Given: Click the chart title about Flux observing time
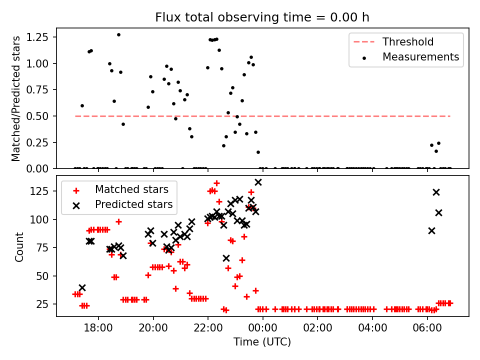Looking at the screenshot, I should tap(262, 17).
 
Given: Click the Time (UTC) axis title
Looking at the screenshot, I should tap(262, 342).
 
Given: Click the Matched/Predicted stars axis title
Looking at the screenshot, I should tap(16, 98).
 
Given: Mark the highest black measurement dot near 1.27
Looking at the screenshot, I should tap(118, 35).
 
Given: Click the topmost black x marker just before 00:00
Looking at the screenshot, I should tap(258, 182).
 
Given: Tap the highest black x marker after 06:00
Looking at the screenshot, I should tap(436, 192).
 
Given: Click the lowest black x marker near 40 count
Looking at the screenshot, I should tap(82, 287).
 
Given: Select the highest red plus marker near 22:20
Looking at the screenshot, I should tap(216, 183).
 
